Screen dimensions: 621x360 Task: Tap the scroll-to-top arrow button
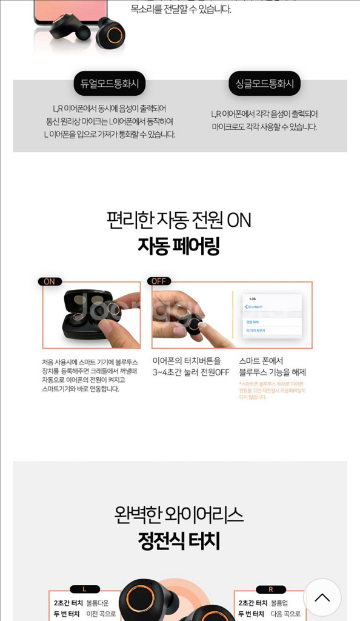pos(322,597)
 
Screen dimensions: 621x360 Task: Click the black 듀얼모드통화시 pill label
pos(110,84)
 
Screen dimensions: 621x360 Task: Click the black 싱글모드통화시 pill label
pos(264,84)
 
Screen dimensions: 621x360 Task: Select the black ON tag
pos(50,281)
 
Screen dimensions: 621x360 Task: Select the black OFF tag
pos(159,281)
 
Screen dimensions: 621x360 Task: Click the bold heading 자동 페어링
pos(179,246)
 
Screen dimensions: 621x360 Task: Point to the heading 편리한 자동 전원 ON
pos(179,220)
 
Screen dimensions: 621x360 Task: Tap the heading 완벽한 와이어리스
pos(179,515)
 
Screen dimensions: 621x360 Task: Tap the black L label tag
pos(85,589)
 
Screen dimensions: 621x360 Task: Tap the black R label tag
pos(270,589)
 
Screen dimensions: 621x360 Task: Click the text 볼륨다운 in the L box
pos(98,603)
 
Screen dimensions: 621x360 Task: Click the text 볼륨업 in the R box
pos(279,603)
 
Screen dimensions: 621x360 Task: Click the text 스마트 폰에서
pos(261,361)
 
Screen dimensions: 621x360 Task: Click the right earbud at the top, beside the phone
pos(111,33)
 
